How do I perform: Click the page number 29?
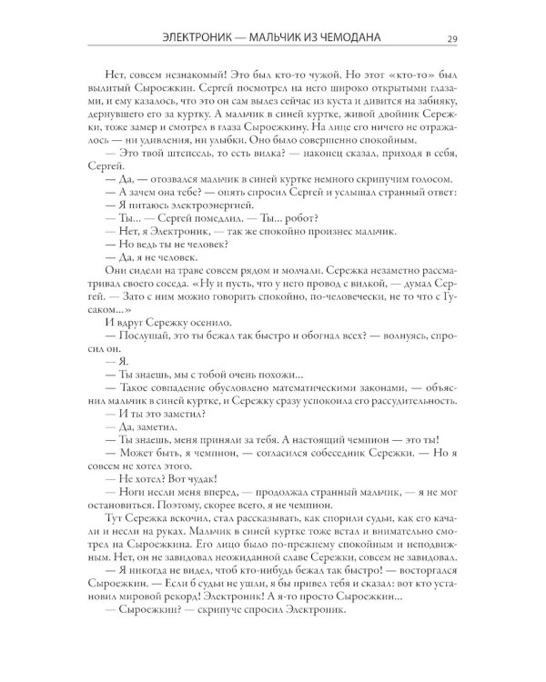tap(452, 37)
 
